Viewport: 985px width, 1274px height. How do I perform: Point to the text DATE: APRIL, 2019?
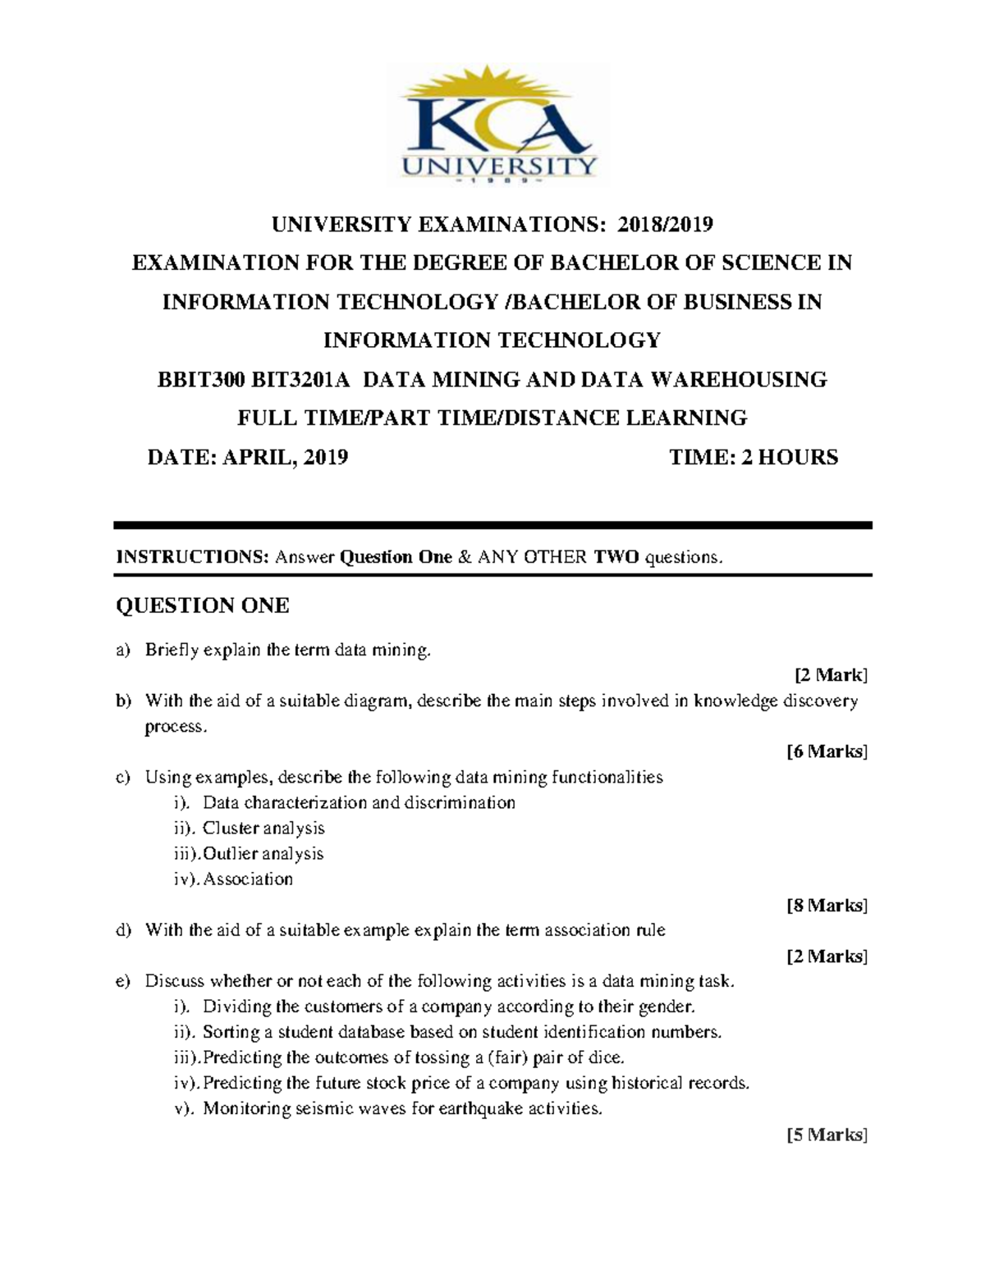click(247, 457)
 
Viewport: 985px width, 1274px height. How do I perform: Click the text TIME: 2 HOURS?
click(754, 457)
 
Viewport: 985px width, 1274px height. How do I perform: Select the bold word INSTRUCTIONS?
click(193, 558)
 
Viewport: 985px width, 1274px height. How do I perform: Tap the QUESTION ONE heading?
click(202, 606)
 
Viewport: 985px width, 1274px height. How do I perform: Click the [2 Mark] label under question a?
click(830, 675)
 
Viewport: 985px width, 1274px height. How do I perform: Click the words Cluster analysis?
click(263, 829)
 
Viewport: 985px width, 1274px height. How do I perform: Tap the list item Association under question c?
click(248, 879)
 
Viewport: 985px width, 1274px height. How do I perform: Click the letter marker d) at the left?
click(123, 930)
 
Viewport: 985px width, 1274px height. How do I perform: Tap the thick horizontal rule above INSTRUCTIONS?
click(492, 525)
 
